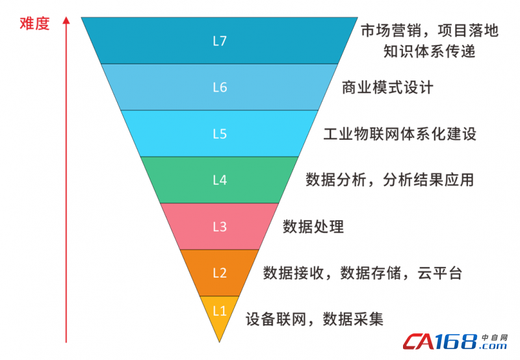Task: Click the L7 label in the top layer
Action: (220, 41)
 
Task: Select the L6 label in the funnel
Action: (220, 88)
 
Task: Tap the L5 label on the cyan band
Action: (220, 134)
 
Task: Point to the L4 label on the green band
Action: (220, 180)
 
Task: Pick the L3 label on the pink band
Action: (220, 227)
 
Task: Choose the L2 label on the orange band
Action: (220, 273)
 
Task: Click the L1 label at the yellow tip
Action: (220, 311)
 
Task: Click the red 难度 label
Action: (34, 24)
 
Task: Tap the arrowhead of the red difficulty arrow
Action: (66, 21)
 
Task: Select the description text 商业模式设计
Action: (387, 88)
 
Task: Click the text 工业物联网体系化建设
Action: (400, 135)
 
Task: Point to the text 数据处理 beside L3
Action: (313, 227)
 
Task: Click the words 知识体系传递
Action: (430, 52)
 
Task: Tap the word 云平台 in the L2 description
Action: (440, 274)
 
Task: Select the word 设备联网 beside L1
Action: (276, 320)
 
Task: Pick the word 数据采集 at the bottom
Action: (353, 320)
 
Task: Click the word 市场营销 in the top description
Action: (391, 31)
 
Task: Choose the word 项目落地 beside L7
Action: (468, 31)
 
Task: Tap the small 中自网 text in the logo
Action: (495, 338)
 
